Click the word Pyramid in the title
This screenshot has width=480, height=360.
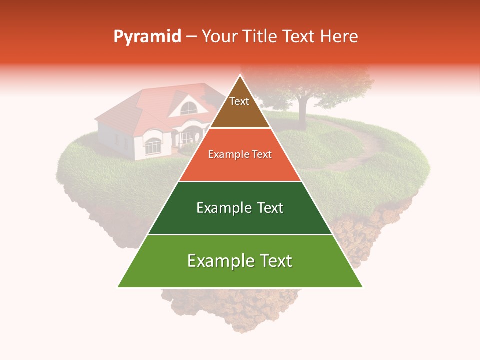click(147, 37)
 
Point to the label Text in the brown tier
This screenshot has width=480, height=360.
click(239, 101)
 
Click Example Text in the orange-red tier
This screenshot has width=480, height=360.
click(240, 154)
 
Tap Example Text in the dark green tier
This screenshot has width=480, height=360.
click(240, 208)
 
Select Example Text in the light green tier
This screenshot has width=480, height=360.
click(240, 261)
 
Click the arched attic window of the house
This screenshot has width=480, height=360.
click(188, 108)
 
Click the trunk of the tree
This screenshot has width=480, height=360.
click(301, 114)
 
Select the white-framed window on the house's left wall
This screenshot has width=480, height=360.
click(152, 146)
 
